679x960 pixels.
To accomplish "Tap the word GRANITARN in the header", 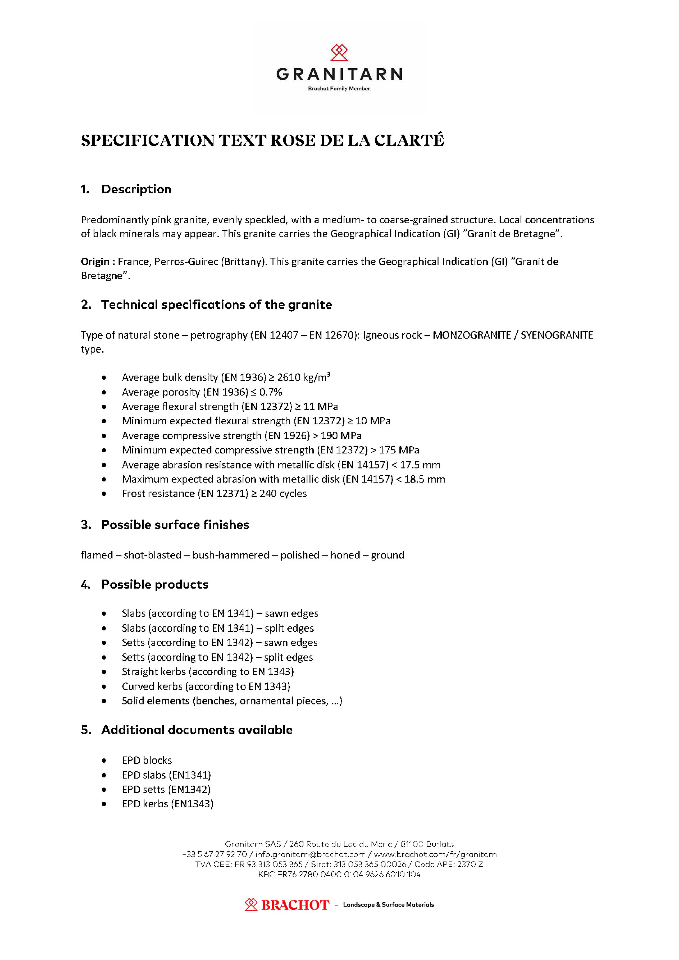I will click(339, 74).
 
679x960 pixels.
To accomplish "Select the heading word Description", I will click(136, 189).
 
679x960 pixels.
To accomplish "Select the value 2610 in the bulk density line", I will click(289, 378).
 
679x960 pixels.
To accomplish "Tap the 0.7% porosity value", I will click(271, 392).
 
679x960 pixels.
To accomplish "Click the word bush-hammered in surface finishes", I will click(231, 555).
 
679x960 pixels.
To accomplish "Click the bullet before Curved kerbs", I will click(104, 686).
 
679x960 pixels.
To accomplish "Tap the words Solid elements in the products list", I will click(156, 701).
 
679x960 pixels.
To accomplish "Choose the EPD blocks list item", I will click(147, 760).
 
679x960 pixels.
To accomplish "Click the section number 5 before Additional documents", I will click(86, 730).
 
